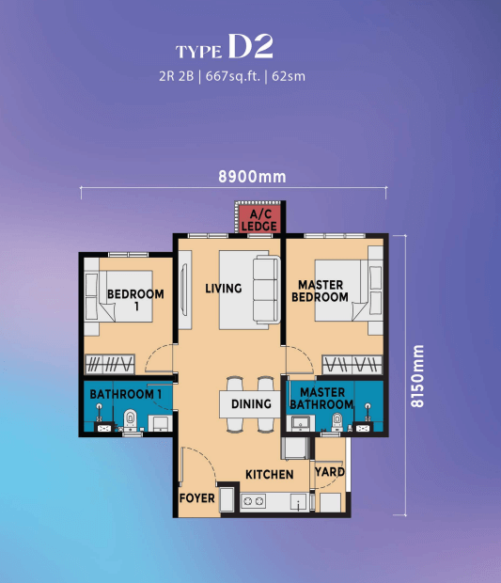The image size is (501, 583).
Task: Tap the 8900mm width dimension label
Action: tap(252, 177)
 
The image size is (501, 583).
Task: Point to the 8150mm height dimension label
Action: tap(417, 376)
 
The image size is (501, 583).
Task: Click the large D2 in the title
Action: tap(250, 46)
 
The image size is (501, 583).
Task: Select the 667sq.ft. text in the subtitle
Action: tap(233, 76)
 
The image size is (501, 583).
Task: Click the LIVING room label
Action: tap(224, 289)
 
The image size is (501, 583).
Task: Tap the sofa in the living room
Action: tap(267, 290)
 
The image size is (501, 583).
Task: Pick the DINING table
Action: tap(250, 403)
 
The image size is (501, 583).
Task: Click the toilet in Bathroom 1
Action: tap(130, 420)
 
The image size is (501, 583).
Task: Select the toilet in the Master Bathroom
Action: tap(337, 421)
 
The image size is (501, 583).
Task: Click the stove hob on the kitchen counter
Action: tap(253, 501)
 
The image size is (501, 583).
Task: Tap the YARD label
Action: tap(329, 472)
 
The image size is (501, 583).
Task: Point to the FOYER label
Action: tap(197, 498)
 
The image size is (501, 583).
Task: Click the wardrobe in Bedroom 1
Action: tap(110, 364)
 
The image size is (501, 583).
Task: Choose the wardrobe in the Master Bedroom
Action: tap(352, 365)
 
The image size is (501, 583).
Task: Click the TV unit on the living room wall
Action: tap(185, 290)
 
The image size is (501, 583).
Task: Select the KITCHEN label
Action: tap(270, 475)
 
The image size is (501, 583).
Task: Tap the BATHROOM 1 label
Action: tap(126, 394)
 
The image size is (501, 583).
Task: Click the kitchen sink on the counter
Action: tap(299, 502)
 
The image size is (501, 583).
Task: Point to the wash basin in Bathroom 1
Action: tap(160, 423)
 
